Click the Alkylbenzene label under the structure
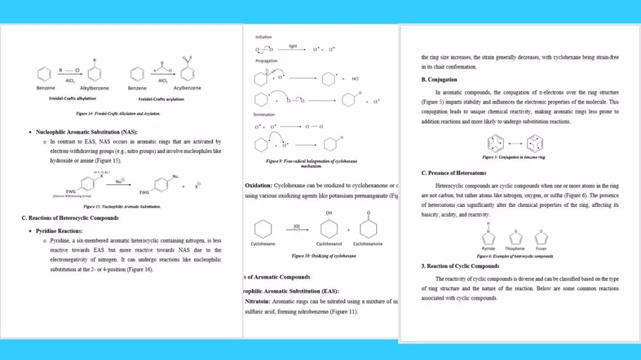tap(94, 88)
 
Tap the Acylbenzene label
tap(187, 88)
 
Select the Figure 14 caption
tap(118, 113)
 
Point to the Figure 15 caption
tap(122, 207)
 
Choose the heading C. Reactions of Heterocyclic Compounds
tap(70, 218)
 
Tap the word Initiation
tap(264, 37)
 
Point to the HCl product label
tap(355, 79)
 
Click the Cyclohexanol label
tap(329, 244)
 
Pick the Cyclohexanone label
tap(368, 244)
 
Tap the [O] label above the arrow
tap(297, 226)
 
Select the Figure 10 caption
tap(324, 256)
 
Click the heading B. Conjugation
tap(439, 80)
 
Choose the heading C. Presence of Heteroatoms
tap(454, 174)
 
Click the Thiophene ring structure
tap(515, 238)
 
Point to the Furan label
tap(541, 249)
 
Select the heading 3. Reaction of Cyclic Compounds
tap(460, 266)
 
